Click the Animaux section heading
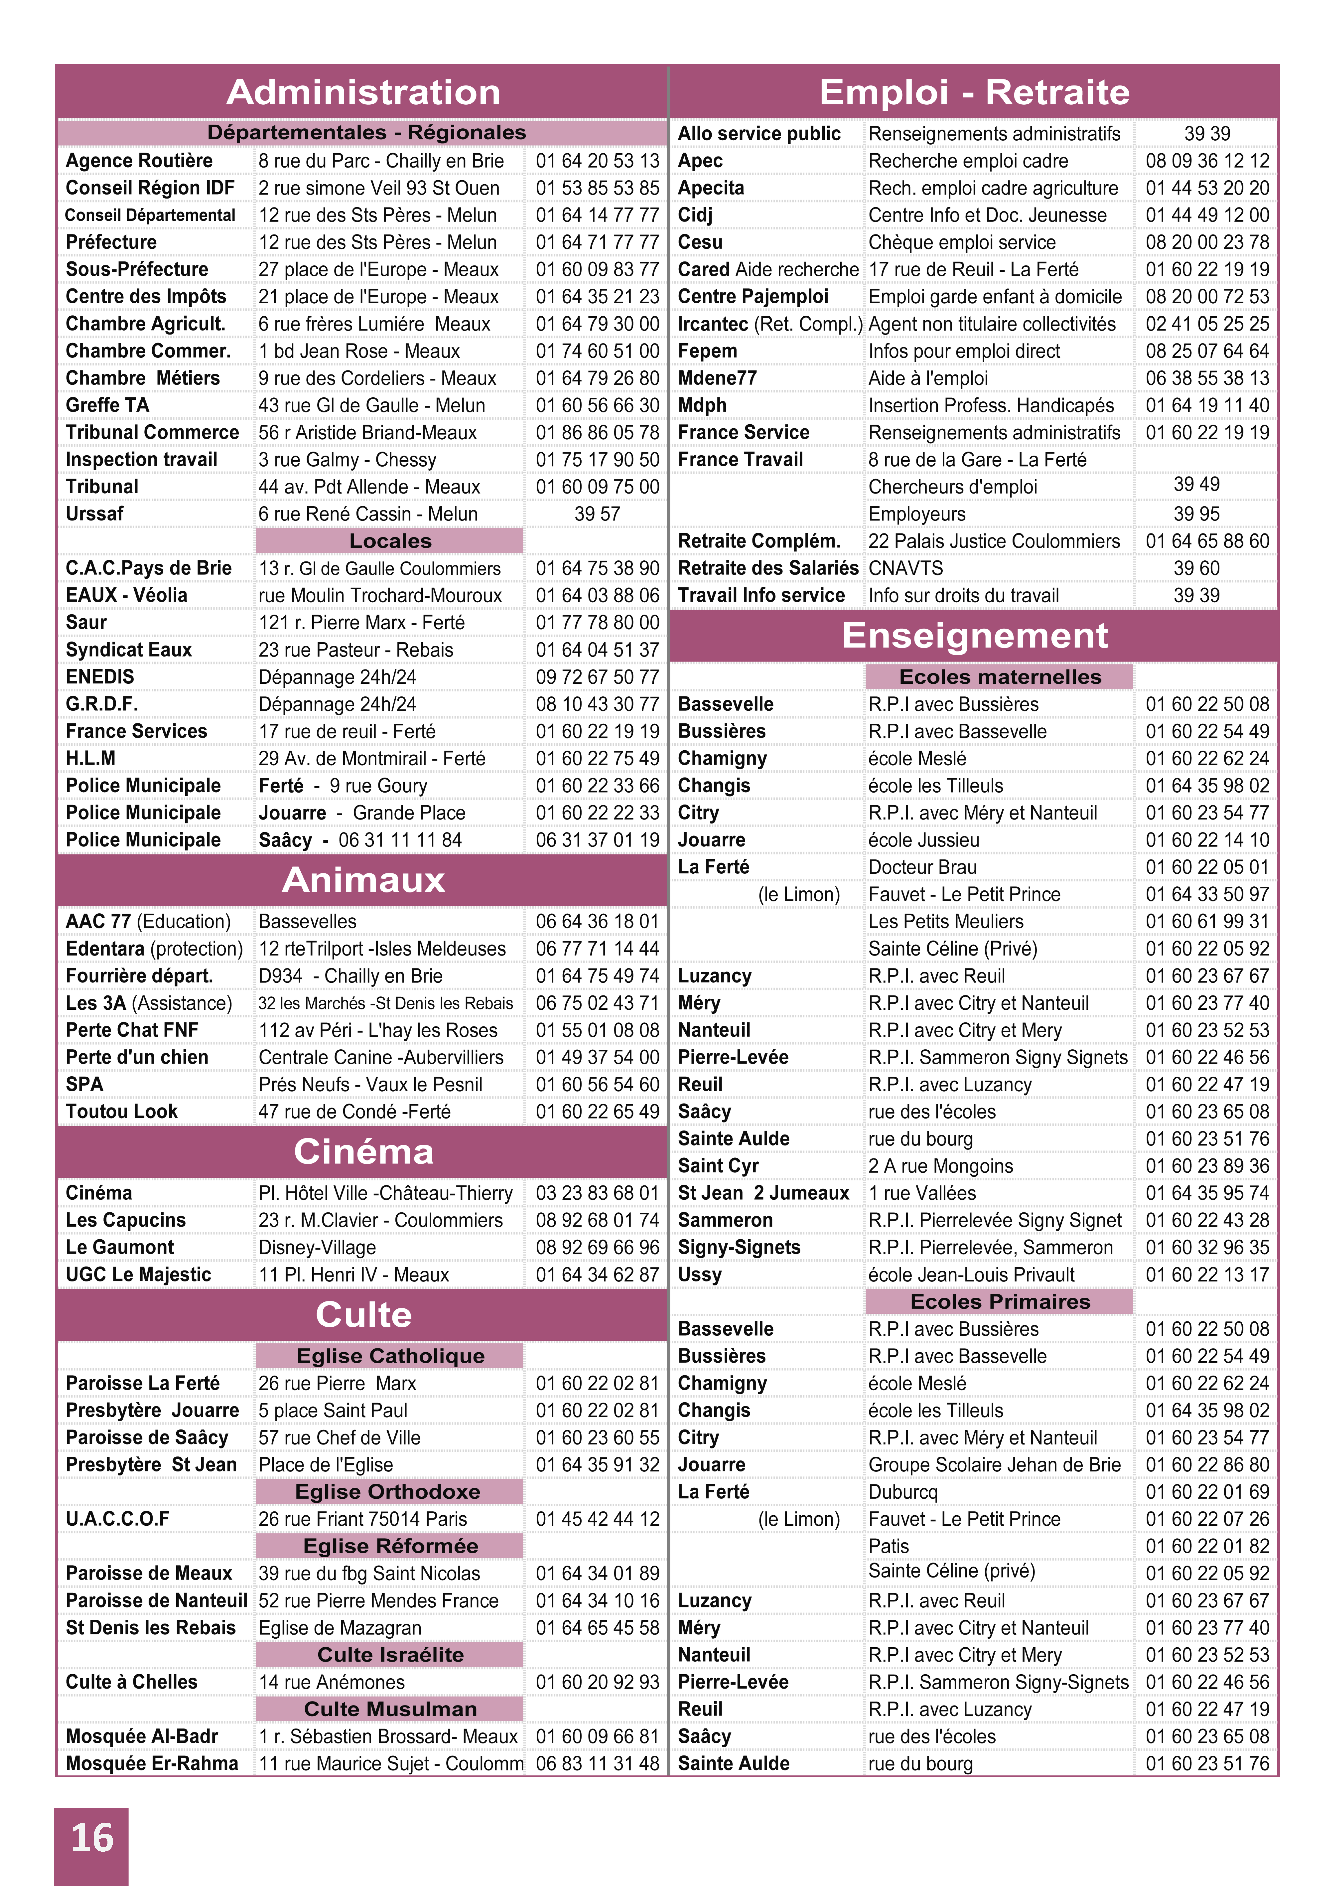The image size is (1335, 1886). (x=363, y=880)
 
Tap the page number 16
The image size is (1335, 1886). (x=91, y=1838)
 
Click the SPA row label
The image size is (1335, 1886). (x=85, y=1085)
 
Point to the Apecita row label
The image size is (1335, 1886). (x=711, y=188)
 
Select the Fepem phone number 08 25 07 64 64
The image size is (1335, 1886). (x=1207, y=351)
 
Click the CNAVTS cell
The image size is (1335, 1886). (x=906, y=568)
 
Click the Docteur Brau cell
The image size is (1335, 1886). (x=922, y=868)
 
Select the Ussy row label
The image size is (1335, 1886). (x=699, y=1275)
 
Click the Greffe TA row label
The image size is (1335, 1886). (x=108, y=405)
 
